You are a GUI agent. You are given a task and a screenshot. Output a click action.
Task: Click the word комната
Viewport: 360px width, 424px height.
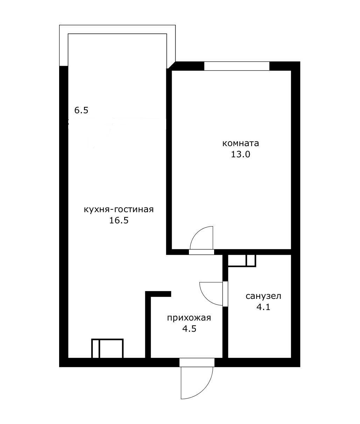coord(240,143)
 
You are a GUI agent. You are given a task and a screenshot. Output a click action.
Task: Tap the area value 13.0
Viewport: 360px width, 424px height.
coord(240,154)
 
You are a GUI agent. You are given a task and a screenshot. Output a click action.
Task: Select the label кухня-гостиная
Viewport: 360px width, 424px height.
coord(119,210)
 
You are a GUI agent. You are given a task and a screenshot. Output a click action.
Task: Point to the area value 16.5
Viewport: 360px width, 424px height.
coord(119,221)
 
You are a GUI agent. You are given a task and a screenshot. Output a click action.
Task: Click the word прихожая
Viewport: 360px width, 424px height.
coord(189,318)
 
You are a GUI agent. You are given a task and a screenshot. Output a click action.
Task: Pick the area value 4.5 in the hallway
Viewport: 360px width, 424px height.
coord(189,329)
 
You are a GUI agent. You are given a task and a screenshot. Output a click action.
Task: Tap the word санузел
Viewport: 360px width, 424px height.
coord(263,296)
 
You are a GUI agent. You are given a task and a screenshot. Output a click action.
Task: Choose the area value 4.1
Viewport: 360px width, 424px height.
coord(263,307)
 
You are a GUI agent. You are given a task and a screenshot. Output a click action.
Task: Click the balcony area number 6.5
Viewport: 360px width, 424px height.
coord(81,110)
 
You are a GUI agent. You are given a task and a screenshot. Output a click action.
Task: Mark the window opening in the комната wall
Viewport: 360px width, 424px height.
coord(237,66)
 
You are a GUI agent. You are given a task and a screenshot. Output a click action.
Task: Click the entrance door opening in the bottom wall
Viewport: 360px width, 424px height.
coord(197,362)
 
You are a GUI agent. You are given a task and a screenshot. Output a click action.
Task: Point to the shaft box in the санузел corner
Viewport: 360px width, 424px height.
coord(242,261)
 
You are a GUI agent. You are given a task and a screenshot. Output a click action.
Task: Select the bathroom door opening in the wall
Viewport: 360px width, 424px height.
coord(225,294)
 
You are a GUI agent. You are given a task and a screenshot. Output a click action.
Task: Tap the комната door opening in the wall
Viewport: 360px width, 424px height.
coord(202,252)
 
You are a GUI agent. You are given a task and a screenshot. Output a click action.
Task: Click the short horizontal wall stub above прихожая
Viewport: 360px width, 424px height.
coord(158,294)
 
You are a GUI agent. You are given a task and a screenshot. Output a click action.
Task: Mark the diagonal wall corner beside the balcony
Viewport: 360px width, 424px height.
coord(171,65)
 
